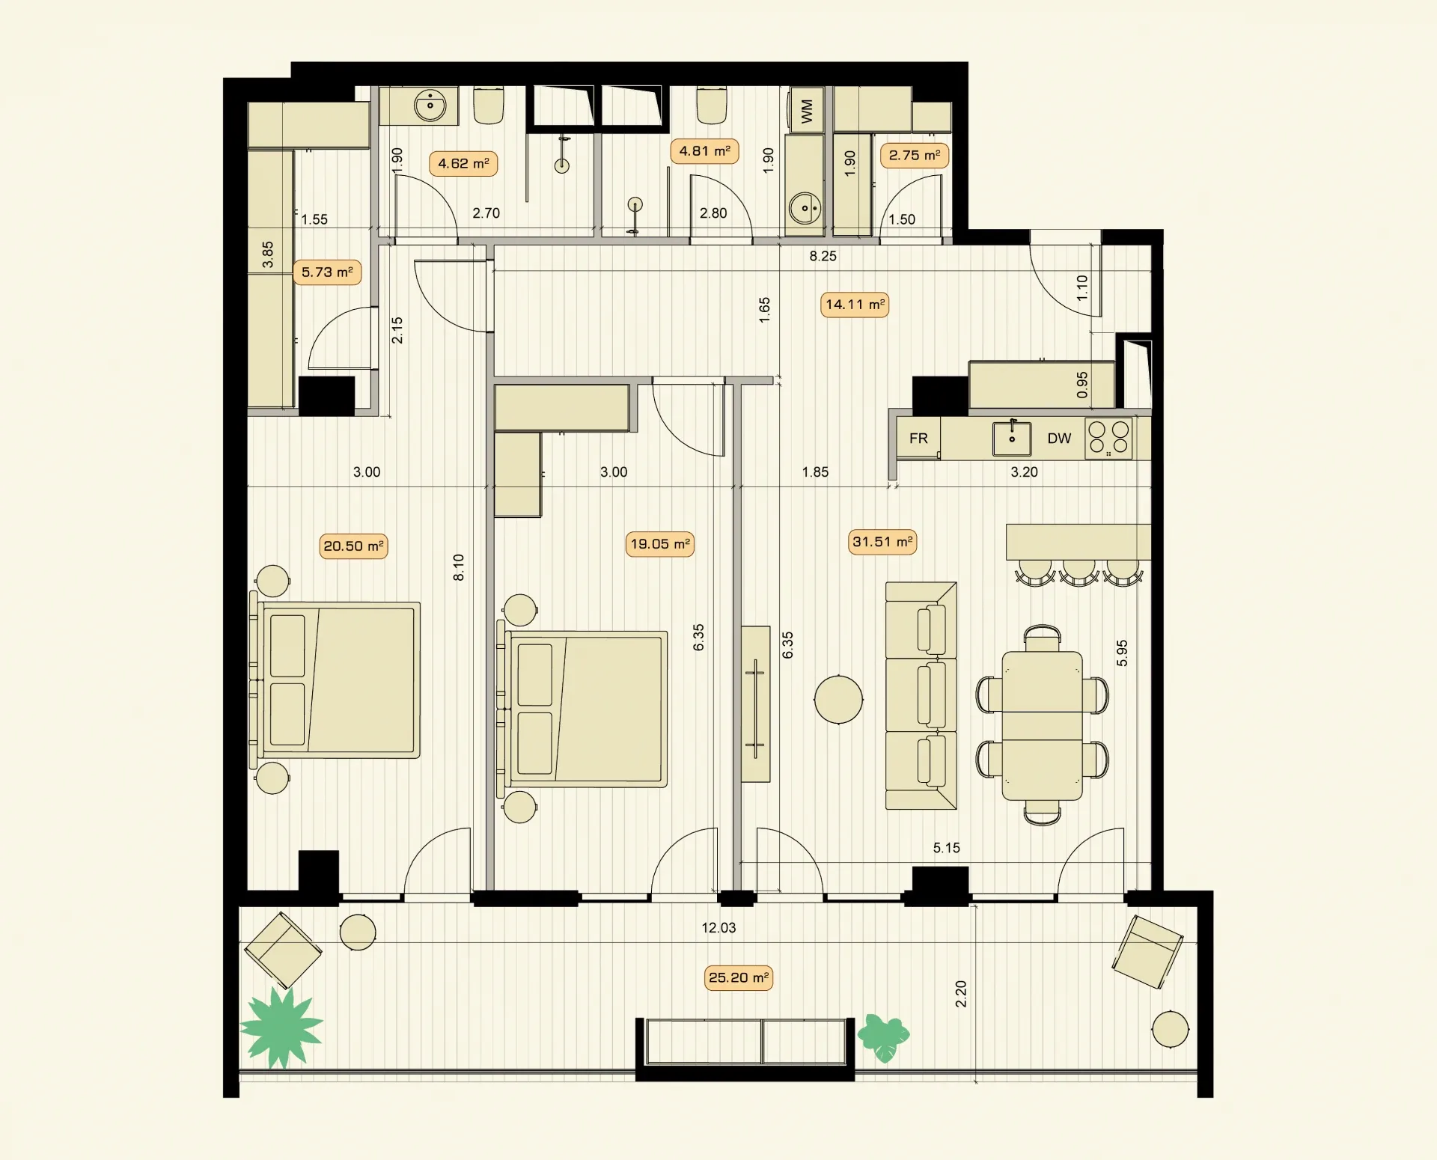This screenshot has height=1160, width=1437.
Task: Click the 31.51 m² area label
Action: point(883,541)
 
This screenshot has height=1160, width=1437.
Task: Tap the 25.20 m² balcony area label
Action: point(739,977)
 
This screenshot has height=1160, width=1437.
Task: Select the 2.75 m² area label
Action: point(915,155)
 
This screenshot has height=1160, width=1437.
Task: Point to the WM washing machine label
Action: point(806,111)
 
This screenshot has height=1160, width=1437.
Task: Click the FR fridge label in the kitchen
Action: point(918,438)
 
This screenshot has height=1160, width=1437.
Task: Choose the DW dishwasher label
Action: point(1059,438)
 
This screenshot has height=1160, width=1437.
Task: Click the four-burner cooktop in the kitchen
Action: point(1108,438)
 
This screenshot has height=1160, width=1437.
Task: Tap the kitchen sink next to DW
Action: point(1012,439)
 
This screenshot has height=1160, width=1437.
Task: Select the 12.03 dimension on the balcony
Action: point(718,927)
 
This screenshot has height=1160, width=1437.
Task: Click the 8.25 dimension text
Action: point(823,256)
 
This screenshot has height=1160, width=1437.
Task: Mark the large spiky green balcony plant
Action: point(281,1027)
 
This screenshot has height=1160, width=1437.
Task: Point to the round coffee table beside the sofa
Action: point(838,699)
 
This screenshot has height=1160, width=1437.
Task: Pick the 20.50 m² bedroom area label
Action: point(353,546)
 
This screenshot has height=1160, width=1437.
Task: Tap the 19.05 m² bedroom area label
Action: point(660,543)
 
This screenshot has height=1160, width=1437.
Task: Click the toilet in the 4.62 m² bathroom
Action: point(489,105)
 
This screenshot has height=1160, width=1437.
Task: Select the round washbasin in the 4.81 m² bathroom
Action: point(805,208)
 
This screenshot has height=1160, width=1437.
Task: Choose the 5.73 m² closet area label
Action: point(327,272)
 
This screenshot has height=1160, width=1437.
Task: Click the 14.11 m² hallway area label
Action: point(855,304)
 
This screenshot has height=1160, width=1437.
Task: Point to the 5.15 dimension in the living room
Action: point(946,848)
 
